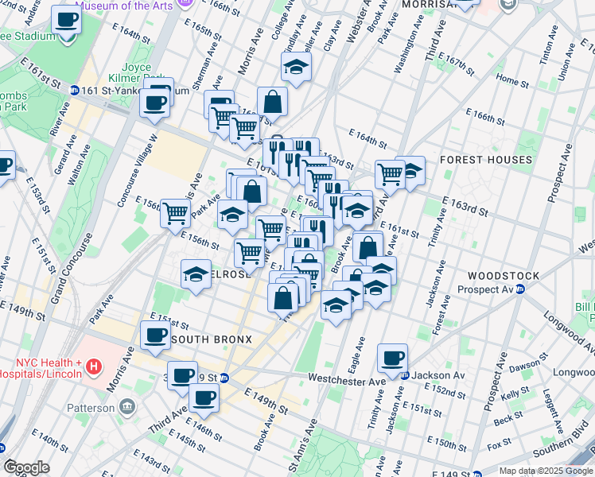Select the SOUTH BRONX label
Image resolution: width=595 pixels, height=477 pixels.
point(212,339)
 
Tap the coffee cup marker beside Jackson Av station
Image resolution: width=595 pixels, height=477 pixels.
point(392,358)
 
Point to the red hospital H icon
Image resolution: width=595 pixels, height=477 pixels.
point(94,366)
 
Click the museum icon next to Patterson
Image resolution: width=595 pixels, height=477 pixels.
point(127,408)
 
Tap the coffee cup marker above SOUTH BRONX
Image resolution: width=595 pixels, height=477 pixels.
point(155,335)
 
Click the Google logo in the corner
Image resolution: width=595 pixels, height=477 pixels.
point(27,467)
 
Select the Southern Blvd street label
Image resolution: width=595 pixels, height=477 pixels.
point(562,453)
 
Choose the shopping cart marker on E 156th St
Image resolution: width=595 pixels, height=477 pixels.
point(175,212)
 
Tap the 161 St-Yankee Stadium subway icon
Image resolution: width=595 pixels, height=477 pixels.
point(74,91)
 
